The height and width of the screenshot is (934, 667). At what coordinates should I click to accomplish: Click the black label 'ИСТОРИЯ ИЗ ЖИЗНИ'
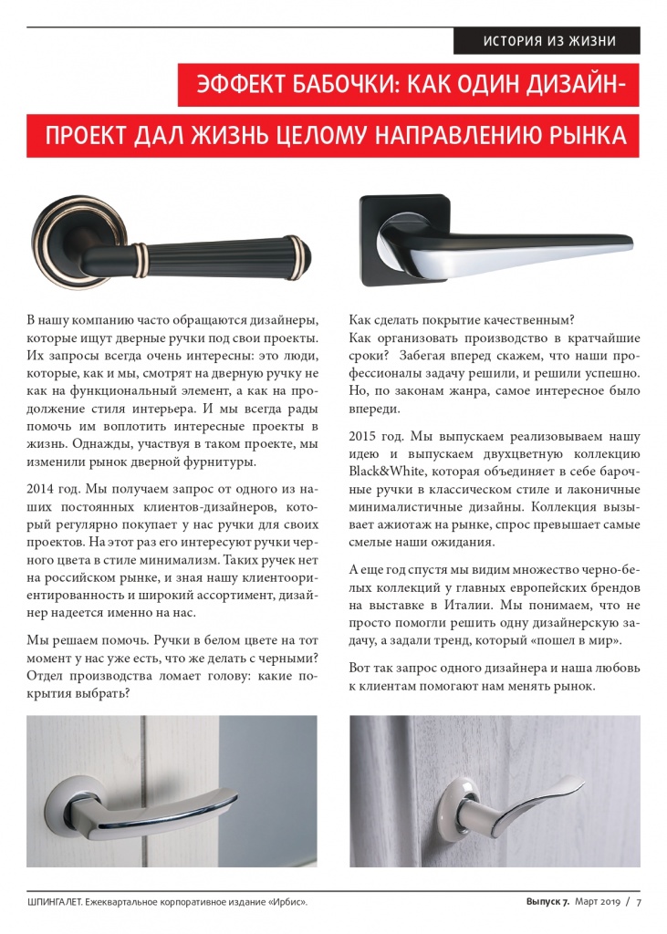[548, 41]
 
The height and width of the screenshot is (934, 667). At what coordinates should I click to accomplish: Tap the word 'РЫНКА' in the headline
[583, 136]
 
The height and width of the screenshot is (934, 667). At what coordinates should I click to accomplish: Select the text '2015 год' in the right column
[375, 436]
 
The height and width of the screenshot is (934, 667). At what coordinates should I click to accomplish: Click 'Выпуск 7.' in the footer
[547, 902]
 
